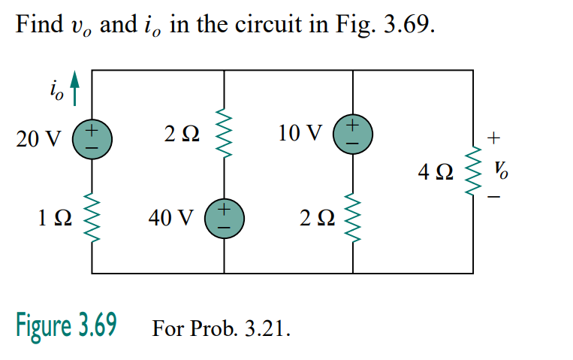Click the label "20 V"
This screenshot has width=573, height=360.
click(x=37, y=140)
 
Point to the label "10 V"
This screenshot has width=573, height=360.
click(x=300, y=134)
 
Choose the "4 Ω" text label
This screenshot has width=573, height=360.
click(x=436, y=173)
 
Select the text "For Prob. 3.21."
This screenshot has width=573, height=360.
click(x=221, y=329)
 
